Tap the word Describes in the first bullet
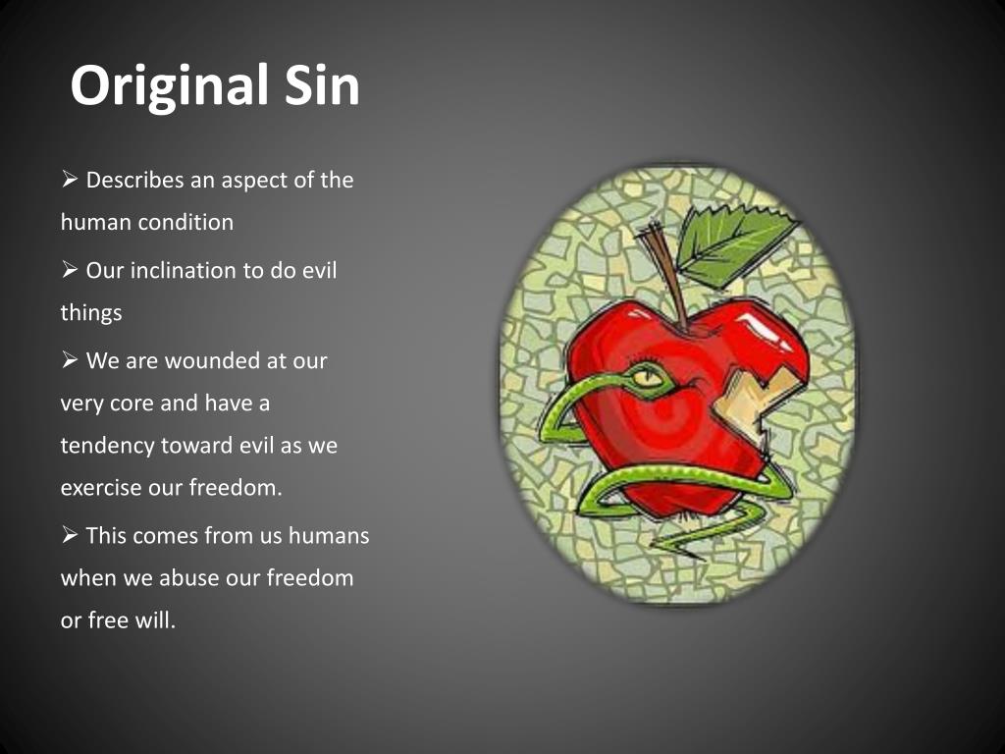135,181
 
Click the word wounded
212,360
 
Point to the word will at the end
157,620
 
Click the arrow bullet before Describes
70,181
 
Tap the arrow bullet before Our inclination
70,270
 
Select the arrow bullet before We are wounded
70,360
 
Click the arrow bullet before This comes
70,536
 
